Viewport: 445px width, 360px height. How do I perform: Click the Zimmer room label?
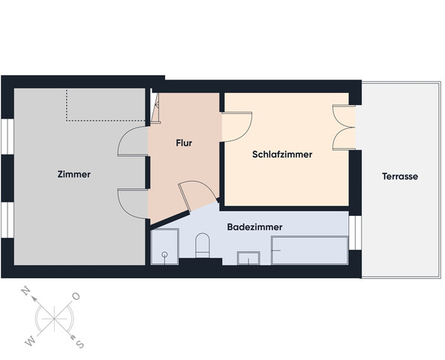click(74, 174)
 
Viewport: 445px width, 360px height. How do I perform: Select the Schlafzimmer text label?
click(281, 154)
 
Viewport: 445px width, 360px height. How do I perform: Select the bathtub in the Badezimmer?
click(309, 249)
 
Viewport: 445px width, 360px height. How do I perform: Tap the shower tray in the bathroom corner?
click(164, 247)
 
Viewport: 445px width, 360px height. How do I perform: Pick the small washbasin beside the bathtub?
click(248, 259)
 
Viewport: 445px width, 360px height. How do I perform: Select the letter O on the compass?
click(76, 296)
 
